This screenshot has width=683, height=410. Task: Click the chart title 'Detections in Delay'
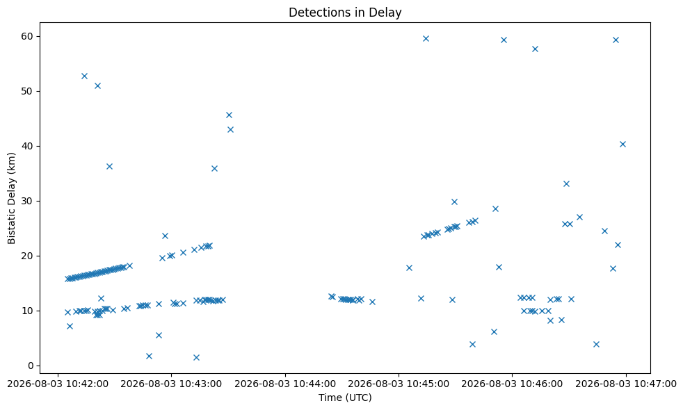tap(345, 13)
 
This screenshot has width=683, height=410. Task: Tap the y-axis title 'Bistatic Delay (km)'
tap(11, 198)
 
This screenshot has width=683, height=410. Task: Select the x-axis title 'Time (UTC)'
tap(345, 397)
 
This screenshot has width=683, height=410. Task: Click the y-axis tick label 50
tap(27, 92)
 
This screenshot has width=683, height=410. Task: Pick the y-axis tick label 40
tap(27, 146)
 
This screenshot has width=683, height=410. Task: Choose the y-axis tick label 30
tap(27, 201)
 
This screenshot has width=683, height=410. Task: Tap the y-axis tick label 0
tap(31, 366)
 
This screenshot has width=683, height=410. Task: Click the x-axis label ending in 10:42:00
tap(58, 384)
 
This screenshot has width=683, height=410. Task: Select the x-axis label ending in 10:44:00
tap(285, 384)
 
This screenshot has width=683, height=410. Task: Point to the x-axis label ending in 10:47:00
tap(626, 384)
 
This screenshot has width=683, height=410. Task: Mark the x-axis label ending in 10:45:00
tap(399, 384)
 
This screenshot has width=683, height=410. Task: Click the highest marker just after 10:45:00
tap(426, 39)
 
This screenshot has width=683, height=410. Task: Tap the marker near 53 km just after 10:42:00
tap(84, 76)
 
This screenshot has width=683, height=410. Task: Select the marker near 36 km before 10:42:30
tap(109, 166)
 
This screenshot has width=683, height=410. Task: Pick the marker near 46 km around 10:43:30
tap(229, 115)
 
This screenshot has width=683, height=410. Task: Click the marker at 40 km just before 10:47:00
tap(623, 144)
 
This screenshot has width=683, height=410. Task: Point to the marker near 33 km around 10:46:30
tap(566, 183)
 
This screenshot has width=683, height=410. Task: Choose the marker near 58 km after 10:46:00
tap(535, 49)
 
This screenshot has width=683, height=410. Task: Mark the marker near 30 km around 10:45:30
tap(454, 202)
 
